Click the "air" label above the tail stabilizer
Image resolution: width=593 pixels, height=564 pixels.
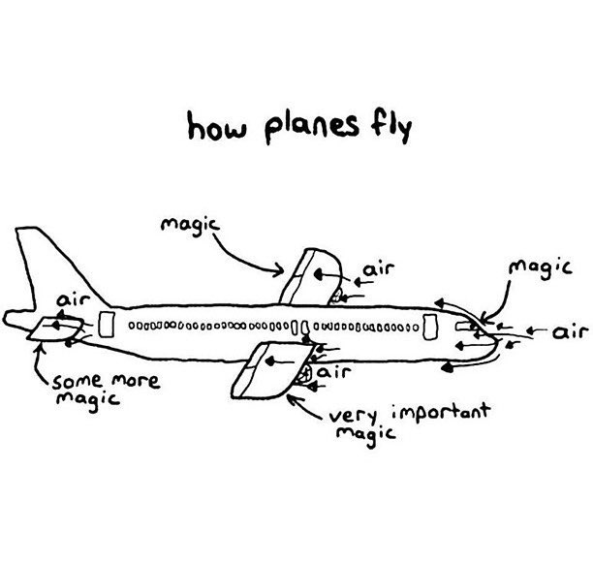[73, 303]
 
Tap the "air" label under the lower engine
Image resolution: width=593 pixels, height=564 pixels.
[332, 371]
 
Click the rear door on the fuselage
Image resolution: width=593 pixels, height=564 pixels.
[108, 325]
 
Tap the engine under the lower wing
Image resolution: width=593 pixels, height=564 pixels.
[302, 371]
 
